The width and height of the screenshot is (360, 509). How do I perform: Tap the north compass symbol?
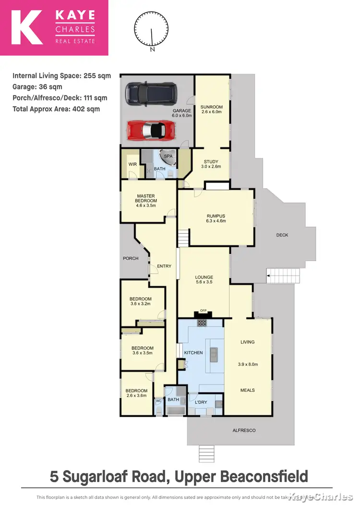152,30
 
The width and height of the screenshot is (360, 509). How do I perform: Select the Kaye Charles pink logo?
54,28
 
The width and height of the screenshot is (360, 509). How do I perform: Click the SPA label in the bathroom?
168,157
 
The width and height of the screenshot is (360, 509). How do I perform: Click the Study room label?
211,162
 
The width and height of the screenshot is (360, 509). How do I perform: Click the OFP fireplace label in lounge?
203,311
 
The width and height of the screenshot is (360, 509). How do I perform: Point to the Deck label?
282,235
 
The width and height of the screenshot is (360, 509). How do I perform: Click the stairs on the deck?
283,276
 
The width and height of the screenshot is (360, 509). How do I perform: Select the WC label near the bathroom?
158,400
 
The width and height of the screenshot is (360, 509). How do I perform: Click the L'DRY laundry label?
201,402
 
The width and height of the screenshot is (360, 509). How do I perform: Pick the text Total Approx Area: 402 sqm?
56,109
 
